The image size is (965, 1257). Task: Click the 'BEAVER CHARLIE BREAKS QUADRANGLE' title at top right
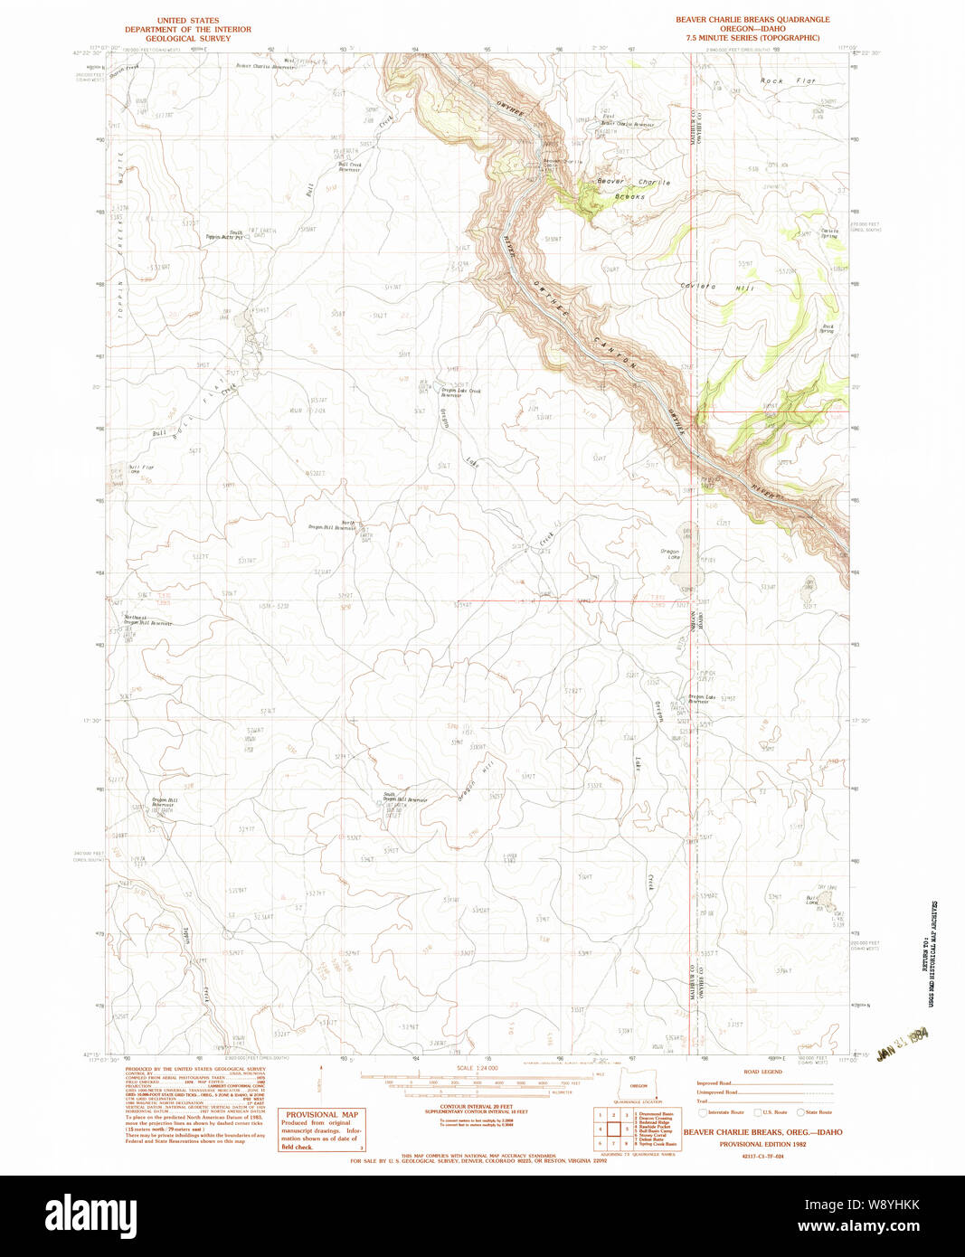click(752, 19)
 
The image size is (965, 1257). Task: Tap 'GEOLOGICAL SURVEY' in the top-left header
click(188, 38)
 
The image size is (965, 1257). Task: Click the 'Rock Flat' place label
click(788, 81)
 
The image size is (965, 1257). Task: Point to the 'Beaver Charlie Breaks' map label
click(633, 187)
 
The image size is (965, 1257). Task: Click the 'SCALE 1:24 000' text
click(477, 1068)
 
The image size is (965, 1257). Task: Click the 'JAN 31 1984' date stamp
click(904, 1042)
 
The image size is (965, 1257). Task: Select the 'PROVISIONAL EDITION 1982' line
click(762, 1144)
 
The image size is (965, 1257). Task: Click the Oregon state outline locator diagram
click(639, 1085)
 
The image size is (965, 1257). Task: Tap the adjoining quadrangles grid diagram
click(613, 1129)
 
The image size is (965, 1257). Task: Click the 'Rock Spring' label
click(827, 329)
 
